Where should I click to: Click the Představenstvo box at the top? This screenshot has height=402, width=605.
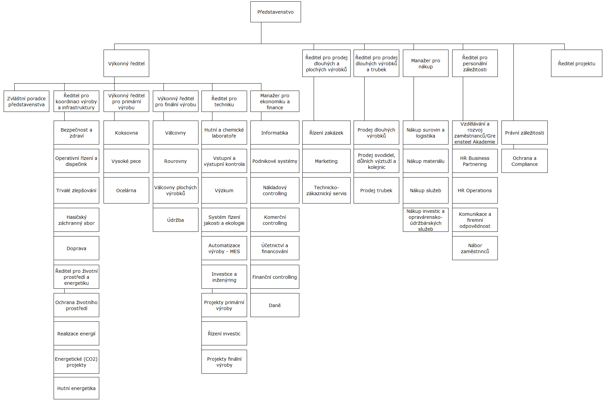(275, 12)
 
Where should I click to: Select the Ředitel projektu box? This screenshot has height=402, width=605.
(576, 63)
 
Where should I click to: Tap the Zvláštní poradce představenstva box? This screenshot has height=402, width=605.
(26, 101)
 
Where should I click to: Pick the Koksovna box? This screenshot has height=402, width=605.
(126, 133)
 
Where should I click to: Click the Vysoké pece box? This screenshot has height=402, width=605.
(126, 161)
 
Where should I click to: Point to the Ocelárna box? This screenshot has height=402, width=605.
(126, 190)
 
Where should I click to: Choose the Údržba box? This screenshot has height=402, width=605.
(175, 220)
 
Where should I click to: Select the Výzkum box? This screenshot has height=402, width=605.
(224, 190)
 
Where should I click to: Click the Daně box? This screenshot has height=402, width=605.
(275, 305)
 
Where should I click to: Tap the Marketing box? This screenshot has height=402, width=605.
(326, 161)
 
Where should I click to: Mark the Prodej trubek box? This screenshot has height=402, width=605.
(376, 190)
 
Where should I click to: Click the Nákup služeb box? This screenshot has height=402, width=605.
(426, 190)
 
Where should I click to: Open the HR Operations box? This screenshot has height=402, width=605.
(475, 190)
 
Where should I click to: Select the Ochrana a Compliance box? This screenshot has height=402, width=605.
(524, 161)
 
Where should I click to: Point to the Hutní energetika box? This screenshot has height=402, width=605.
(76, 388)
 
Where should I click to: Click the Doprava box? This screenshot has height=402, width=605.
(76, 248)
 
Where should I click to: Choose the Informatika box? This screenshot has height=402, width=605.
(275, 133)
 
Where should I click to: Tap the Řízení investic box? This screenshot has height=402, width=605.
(224, 333)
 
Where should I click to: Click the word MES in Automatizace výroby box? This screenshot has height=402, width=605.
(235, 251)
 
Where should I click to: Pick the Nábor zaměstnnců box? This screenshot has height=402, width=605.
(475, 248)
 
